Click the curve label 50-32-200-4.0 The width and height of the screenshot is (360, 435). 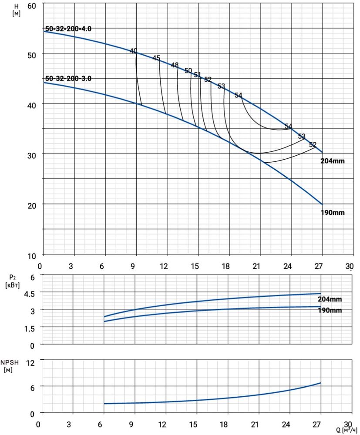click(x=68, y=29)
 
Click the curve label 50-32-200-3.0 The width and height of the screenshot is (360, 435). click(x=68, y=79)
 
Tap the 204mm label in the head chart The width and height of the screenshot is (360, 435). click(x=332, y=161)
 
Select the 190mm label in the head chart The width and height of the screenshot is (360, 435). click(x=332, y=213)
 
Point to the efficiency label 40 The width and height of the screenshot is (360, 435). click(x=133, y=51)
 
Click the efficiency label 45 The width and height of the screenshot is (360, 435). click(x=156, y=58)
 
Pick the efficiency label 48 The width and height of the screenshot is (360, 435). click(x=175, y=65)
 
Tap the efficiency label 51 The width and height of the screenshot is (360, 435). click(x=198, y=75)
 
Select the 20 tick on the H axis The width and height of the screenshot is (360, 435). click(x=32, y=204)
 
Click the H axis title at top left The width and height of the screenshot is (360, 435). click(x=17, y=10)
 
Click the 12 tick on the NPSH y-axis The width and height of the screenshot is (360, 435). click(x=32, y=361)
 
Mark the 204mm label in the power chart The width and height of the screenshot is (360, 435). click(x=330, y=299)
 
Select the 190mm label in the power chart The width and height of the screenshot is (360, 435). click(x=330, y=310)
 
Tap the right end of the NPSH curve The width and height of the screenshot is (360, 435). click(x=321, y=383)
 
